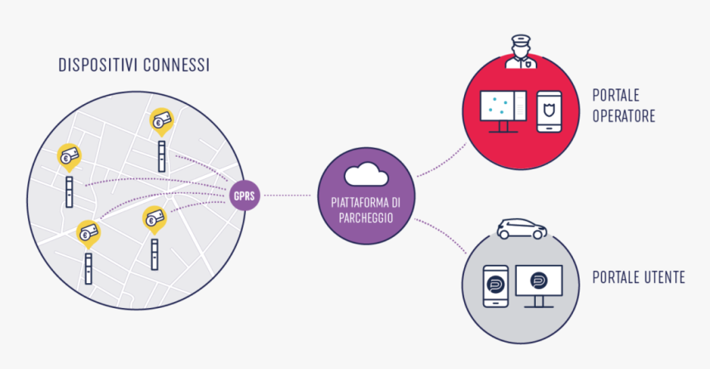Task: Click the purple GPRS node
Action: tap(244, 196)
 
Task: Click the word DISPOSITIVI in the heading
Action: tap(96, 64)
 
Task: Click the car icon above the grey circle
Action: tap(522, 229)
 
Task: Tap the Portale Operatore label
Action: tap(623, 105)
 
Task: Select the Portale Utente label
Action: tap(638, 277)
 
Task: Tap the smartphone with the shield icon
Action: tap(549, 111)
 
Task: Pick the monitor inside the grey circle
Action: tap(538, 283)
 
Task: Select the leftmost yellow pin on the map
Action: tap(67, 155)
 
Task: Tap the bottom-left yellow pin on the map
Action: tap(88, 234)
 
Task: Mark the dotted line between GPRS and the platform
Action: tap(290, 196)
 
